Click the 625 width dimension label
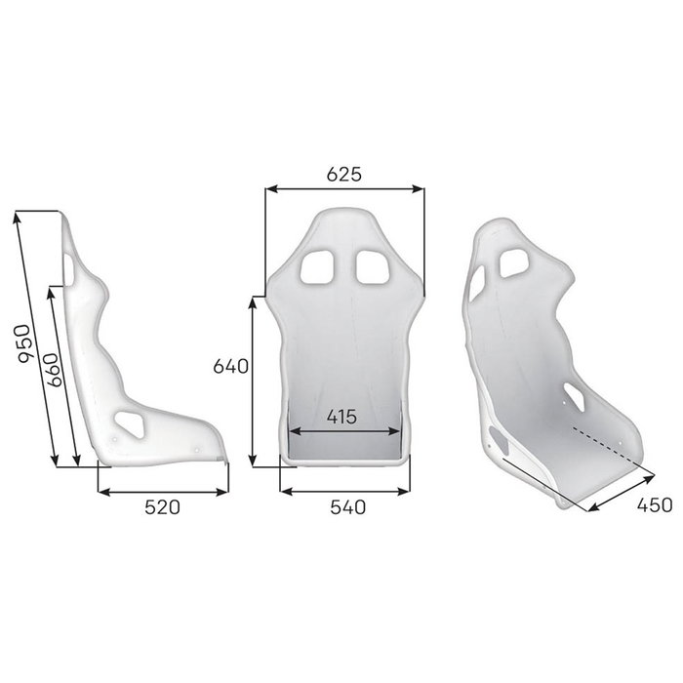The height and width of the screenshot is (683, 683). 343,175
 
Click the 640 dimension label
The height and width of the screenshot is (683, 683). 233,366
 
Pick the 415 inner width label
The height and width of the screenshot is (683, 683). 341,417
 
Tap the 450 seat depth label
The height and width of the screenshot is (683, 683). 655,504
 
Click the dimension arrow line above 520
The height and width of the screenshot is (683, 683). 163,491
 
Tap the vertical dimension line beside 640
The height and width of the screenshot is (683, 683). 255,381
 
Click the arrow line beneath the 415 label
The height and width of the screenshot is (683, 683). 343,430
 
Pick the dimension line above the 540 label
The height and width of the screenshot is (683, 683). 344,491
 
